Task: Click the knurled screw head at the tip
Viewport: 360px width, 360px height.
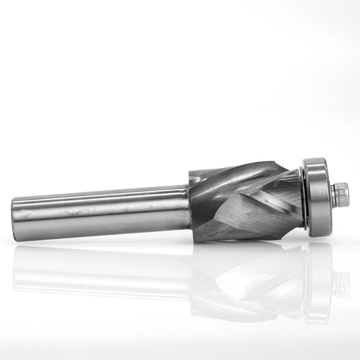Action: pyautogui.click(x=342, y=192)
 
